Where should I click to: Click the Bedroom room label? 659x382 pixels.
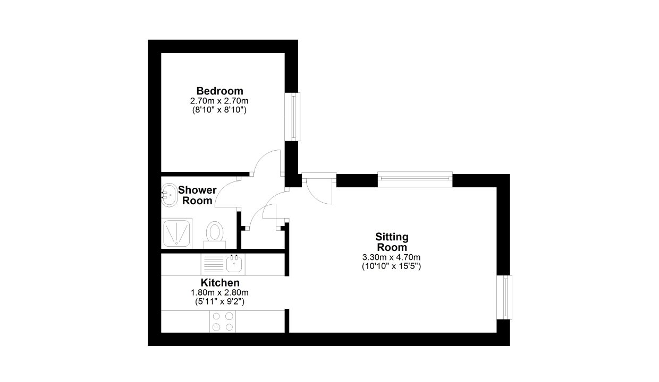220,91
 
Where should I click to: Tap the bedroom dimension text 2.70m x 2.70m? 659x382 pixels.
219,101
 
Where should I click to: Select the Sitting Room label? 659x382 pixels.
392,242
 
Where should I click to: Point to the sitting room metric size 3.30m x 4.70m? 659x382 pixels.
391,257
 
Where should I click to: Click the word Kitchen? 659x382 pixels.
220,283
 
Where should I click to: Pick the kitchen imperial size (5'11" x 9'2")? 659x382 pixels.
220,301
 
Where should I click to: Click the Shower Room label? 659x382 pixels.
197,195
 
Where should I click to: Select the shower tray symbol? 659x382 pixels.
176,233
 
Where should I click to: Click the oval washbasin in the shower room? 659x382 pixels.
169,195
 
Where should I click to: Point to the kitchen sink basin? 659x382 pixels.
234,263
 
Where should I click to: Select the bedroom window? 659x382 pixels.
293,117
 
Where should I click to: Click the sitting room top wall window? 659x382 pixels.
415,179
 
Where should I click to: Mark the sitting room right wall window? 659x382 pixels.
505,297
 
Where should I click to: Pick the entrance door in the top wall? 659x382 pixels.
319,188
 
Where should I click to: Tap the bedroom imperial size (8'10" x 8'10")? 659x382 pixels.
219,110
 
